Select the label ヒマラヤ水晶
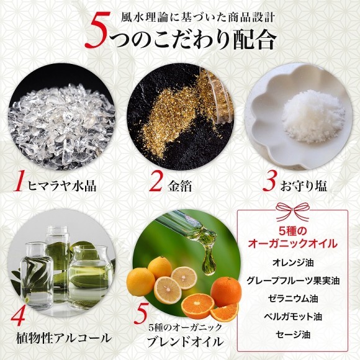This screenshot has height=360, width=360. coord(65,186)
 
